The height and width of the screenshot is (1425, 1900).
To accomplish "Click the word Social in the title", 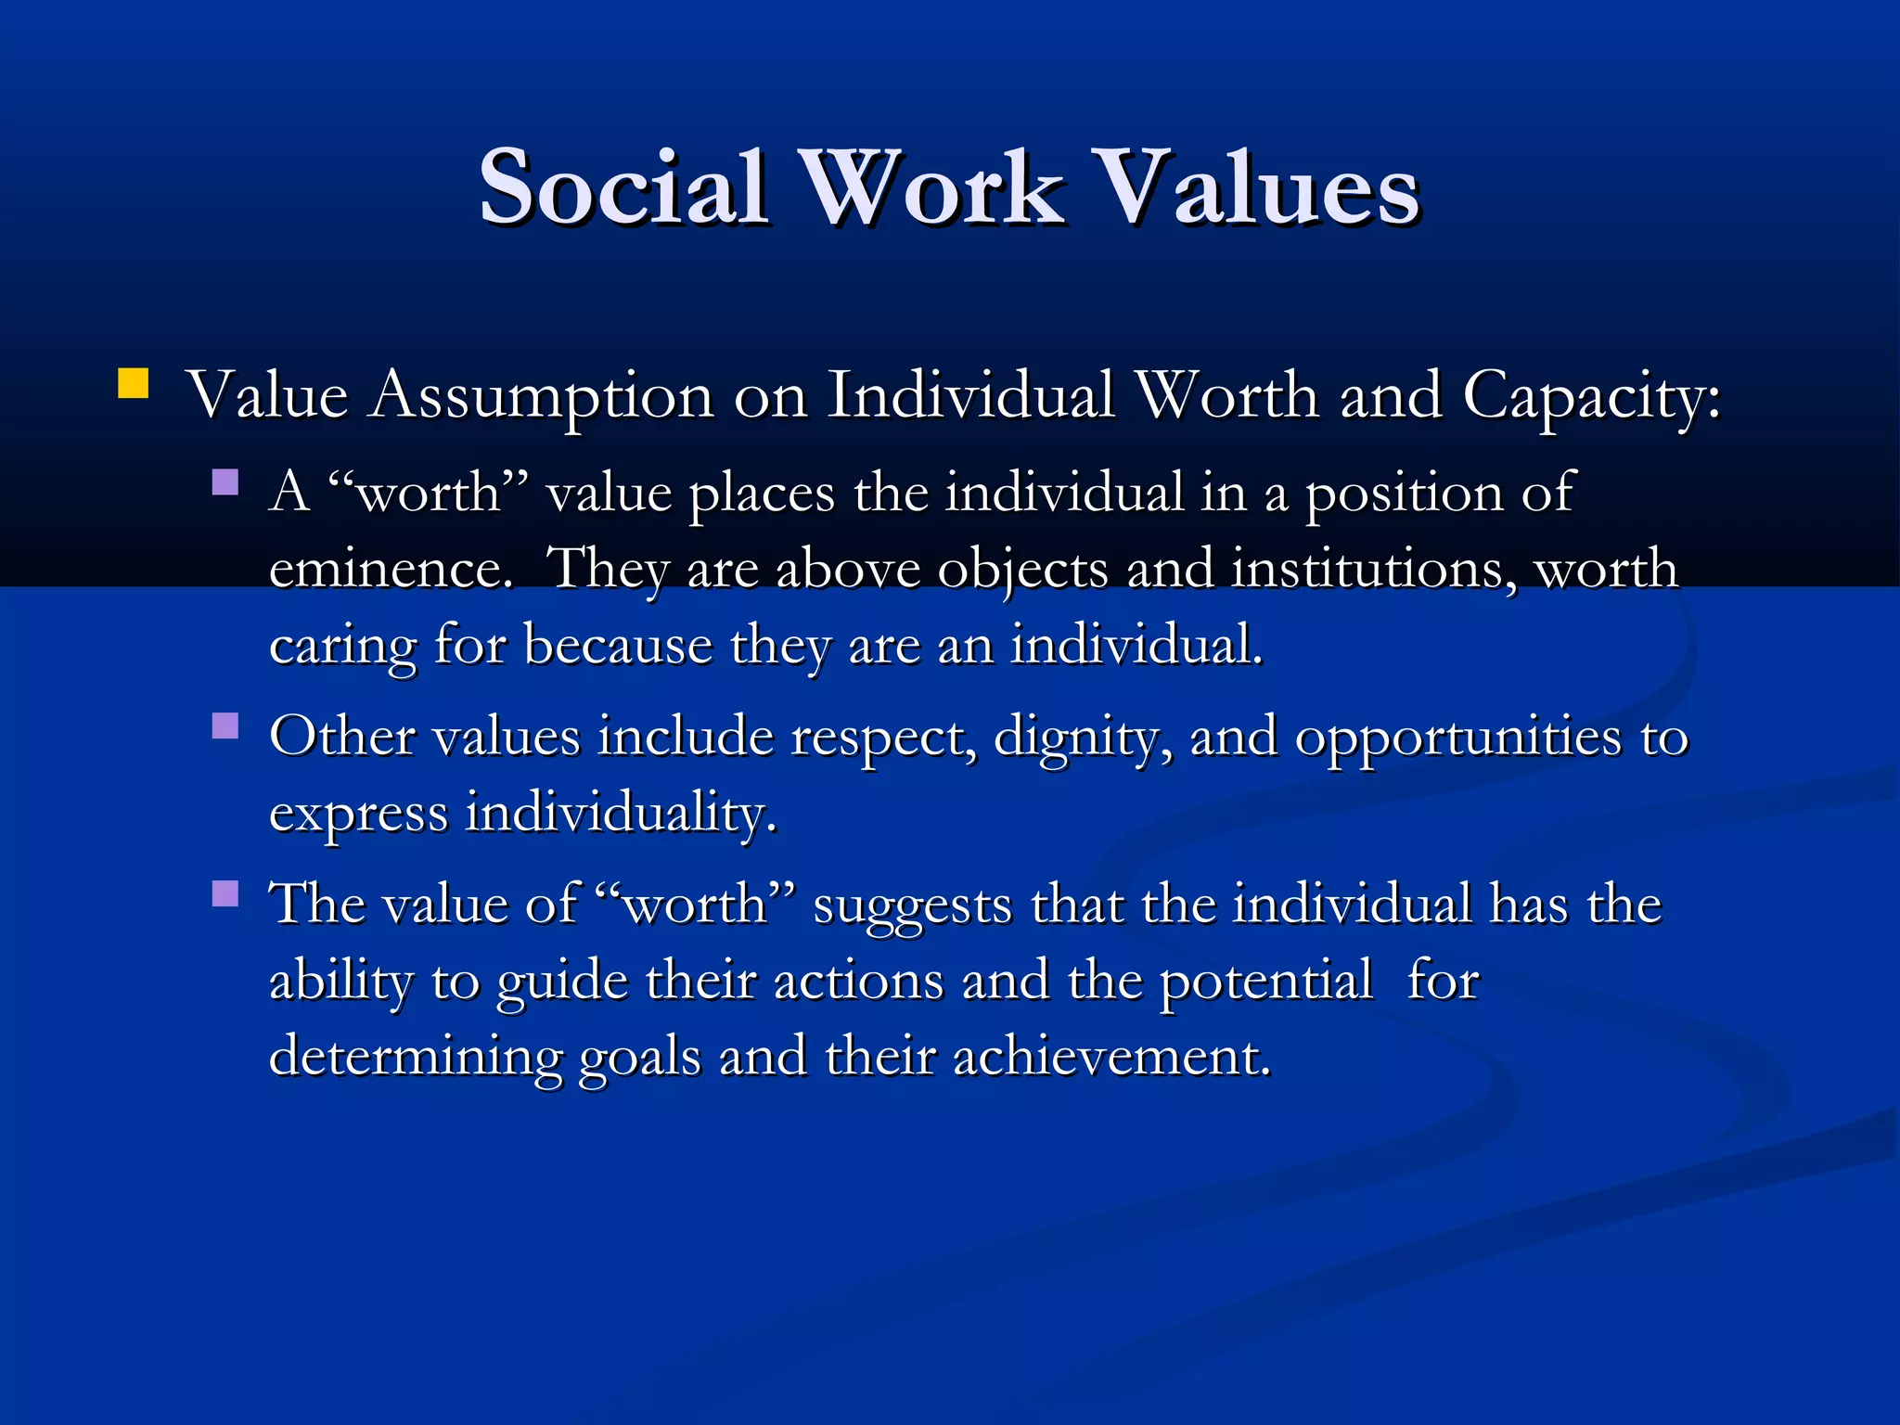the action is [623, 188].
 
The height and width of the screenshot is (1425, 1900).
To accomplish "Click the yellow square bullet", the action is [134, 383].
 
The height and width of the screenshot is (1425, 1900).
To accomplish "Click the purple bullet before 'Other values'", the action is [225, 725].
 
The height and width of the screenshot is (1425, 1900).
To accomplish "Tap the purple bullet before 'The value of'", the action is [225, 892].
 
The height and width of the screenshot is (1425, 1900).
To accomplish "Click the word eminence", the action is [390, 570].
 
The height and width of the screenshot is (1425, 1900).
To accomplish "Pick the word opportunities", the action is [1457, 739].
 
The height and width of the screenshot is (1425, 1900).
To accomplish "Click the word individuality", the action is [620, 815].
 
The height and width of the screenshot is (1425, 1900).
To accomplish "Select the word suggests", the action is [912, 906].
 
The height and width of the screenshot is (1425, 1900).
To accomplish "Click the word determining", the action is [415, 1058].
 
